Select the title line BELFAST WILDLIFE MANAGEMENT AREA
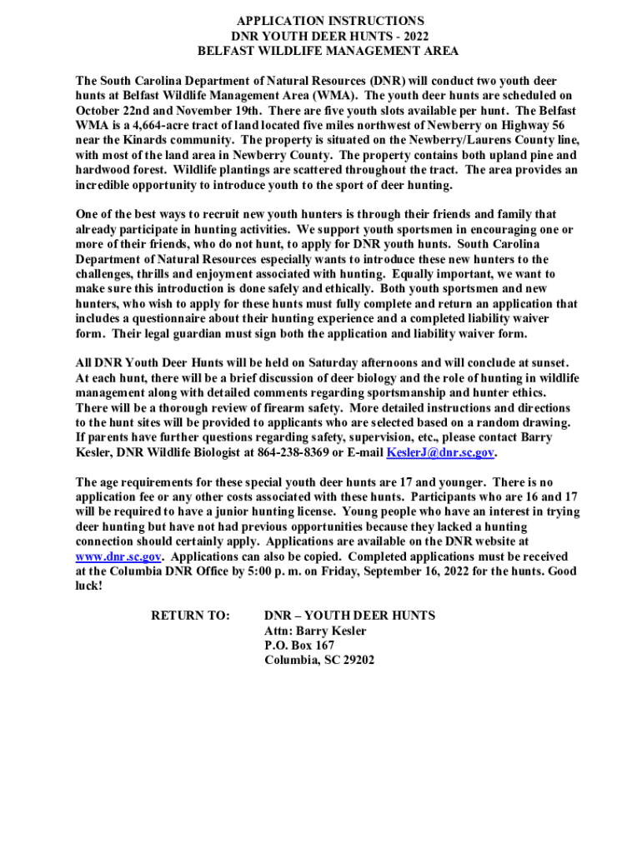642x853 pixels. [x=327, y=51]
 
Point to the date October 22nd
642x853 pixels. [x=108, y=110]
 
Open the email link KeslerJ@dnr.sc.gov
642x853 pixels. [x=440, y=452]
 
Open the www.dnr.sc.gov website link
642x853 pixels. [x=118, y=556]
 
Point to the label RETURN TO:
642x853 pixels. [x=190, y=616]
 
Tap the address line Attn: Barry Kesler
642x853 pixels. [x=315, y=631]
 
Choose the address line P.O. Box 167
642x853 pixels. [x=299, y=646]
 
